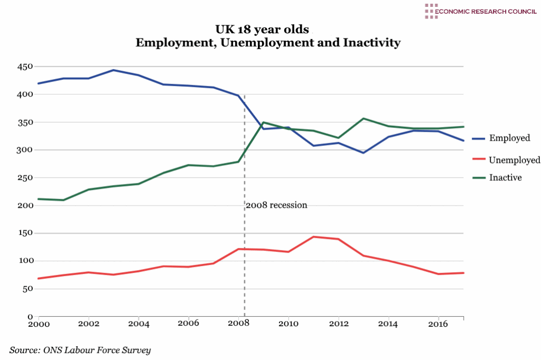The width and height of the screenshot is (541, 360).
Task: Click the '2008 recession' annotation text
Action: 276,205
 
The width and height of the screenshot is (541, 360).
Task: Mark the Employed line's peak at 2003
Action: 113,70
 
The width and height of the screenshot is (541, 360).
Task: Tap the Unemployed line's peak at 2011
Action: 313,237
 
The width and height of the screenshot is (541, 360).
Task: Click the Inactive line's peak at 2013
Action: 363,118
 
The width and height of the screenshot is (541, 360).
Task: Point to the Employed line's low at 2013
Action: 363,153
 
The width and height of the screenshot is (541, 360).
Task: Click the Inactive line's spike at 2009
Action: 264,122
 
